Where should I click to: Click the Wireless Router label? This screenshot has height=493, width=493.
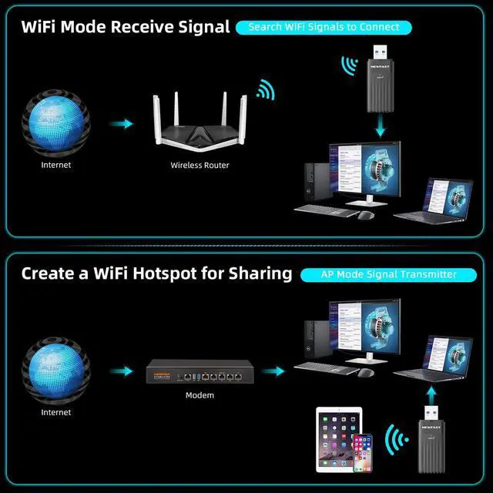point(200,165)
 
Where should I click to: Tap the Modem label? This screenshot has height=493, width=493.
point(200,395)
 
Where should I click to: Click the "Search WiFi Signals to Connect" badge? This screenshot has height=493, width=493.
point(324,27)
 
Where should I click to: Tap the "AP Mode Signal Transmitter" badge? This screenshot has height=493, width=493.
point(389,274)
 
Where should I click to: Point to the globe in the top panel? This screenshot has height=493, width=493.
point(55,123)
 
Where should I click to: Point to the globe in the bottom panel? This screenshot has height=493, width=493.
point(55,371)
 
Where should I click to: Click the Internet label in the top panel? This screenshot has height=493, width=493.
point(55,165)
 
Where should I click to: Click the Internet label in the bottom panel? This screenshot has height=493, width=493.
point(55,412)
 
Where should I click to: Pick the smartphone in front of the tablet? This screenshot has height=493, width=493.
point(362,454)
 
